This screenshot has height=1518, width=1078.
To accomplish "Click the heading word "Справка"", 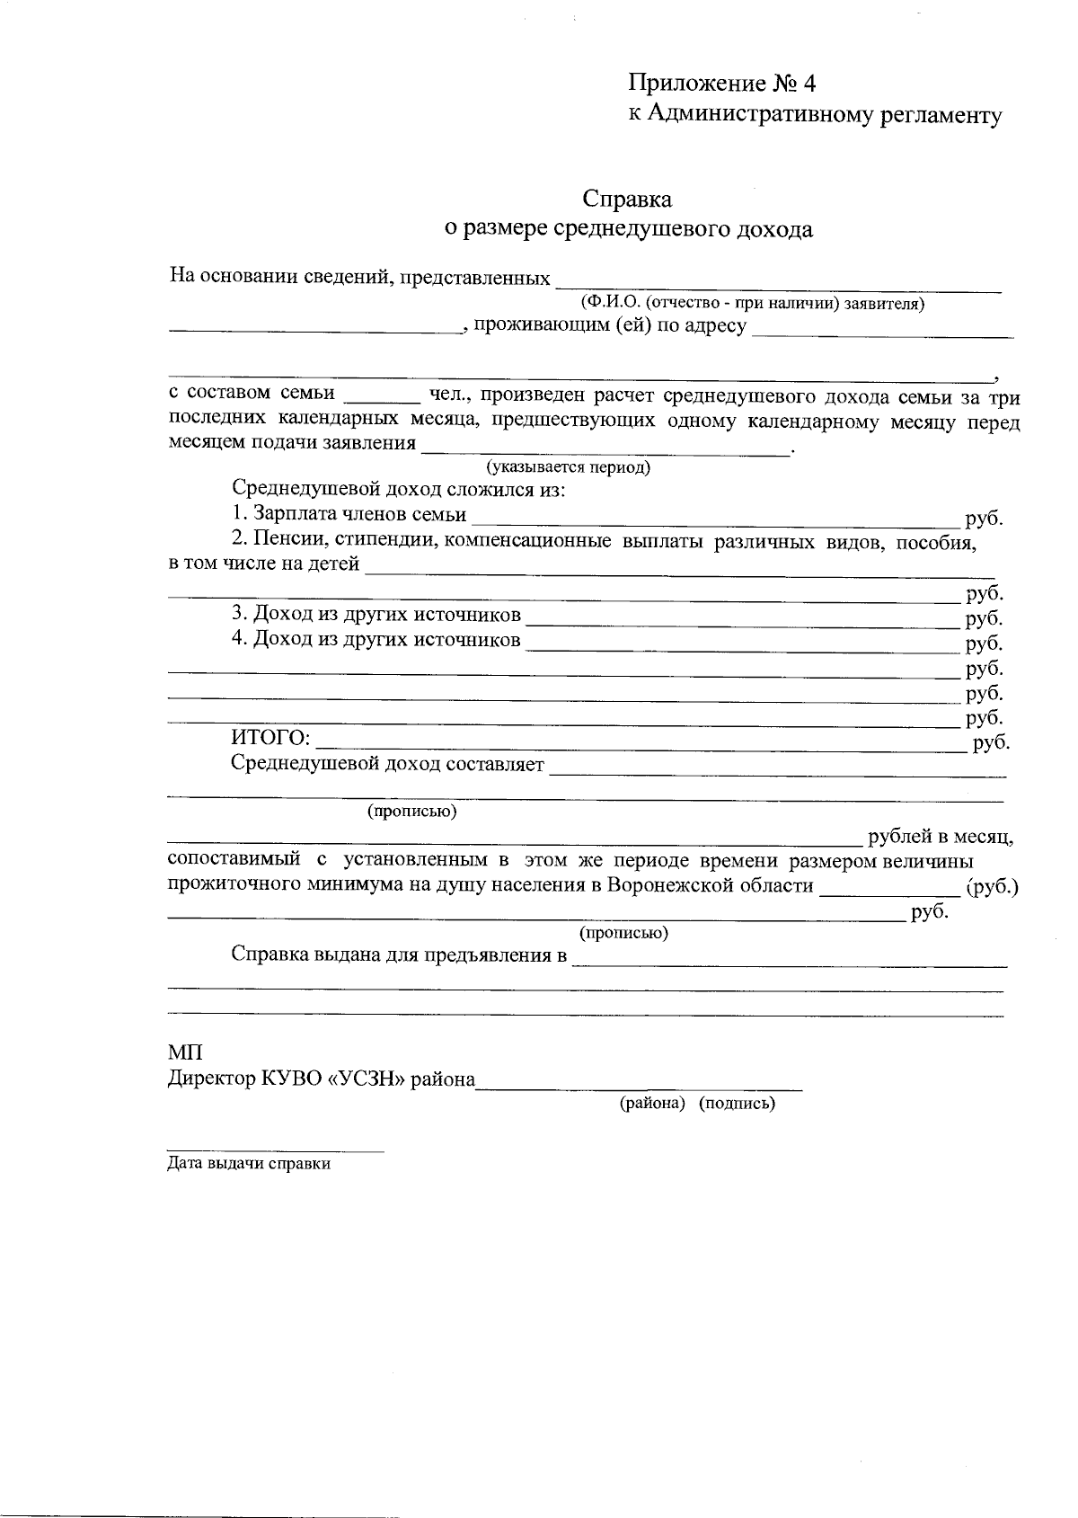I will pyautogui.click(x=627, y=198).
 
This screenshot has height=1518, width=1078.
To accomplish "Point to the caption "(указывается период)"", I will pyautogui.click(x=568, y=467).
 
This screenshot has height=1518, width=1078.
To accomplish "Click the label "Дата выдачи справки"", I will pyautogui.click(x=249, y=1164).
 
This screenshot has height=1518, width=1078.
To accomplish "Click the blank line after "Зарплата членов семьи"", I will pyautogui.click(x=715, y=519).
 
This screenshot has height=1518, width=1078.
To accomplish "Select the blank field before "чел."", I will pyautogui.click(x=382, y=399).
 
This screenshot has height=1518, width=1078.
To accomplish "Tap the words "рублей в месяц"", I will pyautogui.click(x=940, y=838).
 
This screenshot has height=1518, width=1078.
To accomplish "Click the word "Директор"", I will pyautogui.click(x=212, y=1079).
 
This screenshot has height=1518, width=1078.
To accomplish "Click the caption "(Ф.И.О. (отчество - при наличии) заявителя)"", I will pyautogui.click(x=753, y=304).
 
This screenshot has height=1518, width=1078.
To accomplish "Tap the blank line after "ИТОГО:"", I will pyautogui.click(x=641, y=744).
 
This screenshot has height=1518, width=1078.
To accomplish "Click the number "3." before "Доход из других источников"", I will pyautogui.click(x=240, y=615).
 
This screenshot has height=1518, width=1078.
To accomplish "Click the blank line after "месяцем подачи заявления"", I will pyautogui.click(x=606, y=448).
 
